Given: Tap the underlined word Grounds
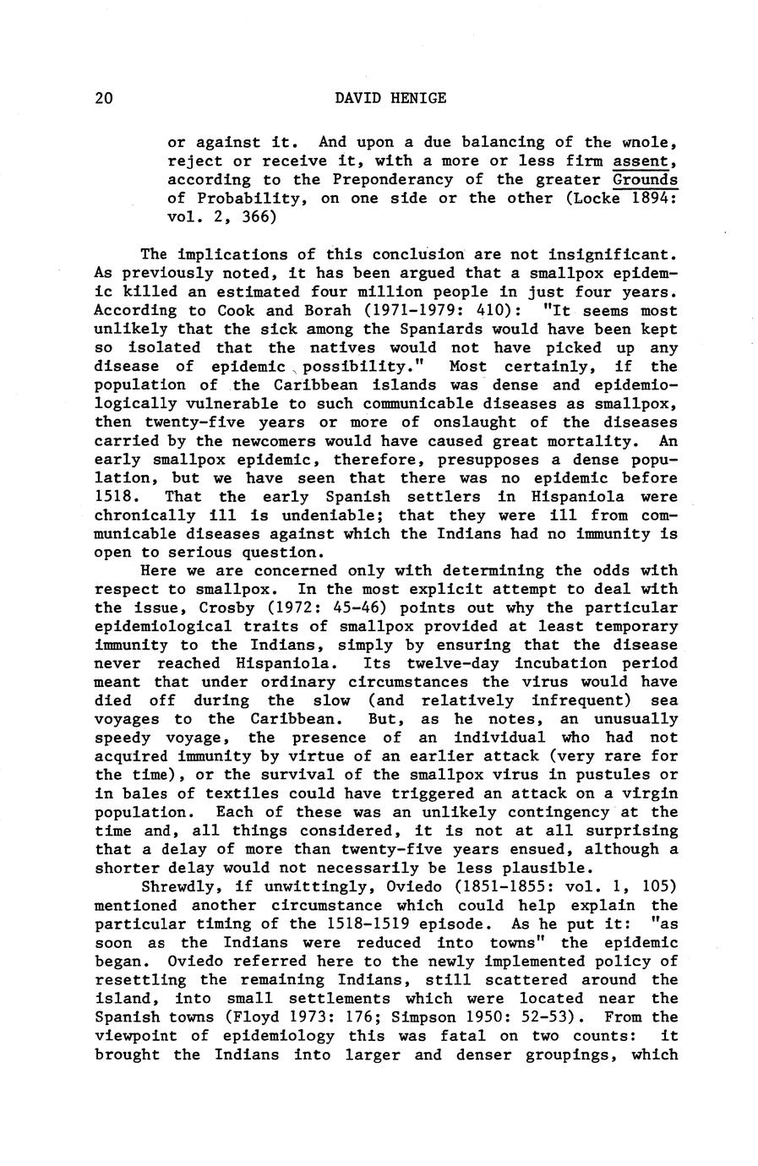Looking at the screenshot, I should pyautogui.click(x=646, y=179).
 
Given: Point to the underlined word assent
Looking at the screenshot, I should pyautogui.click(x=646, y=161).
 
